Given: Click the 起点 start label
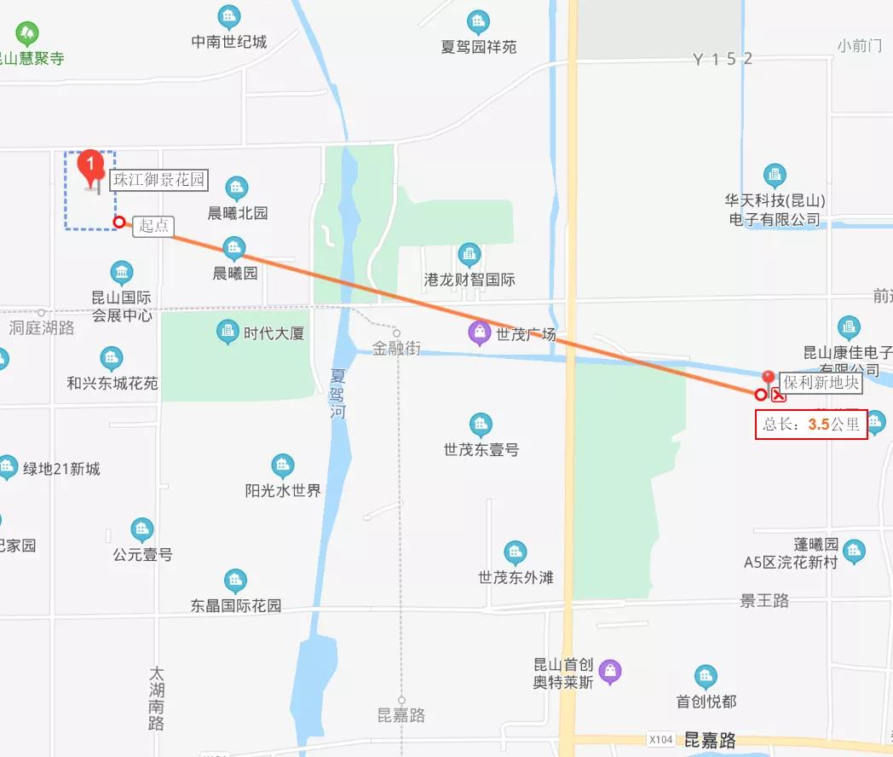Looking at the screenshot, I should (154, 226).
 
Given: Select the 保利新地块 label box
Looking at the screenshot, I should (821, 383).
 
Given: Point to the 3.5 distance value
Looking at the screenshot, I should (819, 424).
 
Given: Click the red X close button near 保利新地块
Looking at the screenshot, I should (778, 394).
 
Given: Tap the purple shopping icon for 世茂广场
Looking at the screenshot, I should (481, 332).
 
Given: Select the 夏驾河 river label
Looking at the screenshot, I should (338, 392).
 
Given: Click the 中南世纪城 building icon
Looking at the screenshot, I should (228, 16).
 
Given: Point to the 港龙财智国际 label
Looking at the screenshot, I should (470, 280).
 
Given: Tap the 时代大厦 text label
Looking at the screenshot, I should (274, 333).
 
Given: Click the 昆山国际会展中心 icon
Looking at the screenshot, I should (122, 274).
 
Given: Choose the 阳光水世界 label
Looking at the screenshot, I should (283, 491).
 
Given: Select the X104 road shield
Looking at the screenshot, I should (660, 739).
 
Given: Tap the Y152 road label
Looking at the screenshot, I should (723, 59).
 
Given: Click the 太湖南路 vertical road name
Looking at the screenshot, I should (155, 698).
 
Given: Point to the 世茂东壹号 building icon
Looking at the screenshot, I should (481, 425).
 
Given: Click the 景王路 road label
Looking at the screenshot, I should (764, 601).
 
